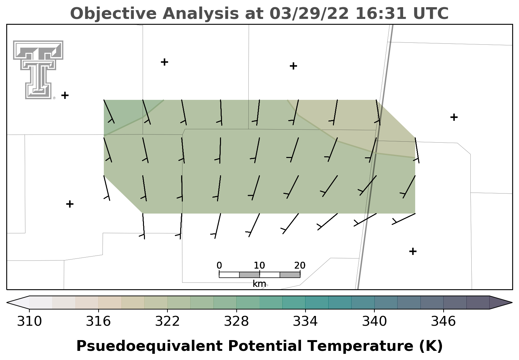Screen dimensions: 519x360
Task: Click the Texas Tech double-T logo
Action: (x=38, y=70)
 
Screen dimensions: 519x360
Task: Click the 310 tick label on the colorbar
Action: (x=29, y=321)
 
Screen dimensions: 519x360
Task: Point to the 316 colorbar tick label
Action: (x=98, y=321)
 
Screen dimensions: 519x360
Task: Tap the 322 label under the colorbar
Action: (x=167, y=321)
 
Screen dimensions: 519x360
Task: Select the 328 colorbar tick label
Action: (x=236, y=321)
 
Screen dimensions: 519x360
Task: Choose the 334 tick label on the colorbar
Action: (x=305, y=321)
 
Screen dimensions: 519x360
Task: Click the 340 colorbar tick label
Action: (x=374, y=321)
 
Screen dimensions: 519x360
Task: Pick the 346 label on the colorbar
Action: (x=443, y=321)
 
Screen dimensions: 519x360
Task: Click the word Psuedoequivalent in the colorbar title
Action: (x=149, y=346)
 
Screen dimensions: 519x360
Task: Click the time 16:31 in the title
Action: (x=381, y=13)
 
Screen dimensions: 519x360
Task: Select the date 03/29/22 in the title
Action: (x=309, y=13)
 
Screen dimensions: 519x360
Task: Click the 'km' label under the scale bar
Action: (x=259, y=284)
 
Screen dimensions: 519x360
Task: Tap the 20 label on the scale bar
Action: (x=300, y=265)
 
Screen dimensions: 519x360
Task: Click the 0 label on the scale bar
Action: (x=219, y=265)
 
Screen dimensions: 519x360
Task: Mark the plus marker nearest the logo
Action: (x=65, y=95)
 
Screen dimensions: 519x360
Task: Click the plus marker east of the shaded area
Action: (x=454, y=117)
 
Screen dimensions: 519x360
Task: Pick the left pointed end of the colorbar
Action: (x=7, y=303)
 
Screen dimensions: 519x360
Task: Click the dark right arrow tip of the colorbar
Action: (x=512, y=303)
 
